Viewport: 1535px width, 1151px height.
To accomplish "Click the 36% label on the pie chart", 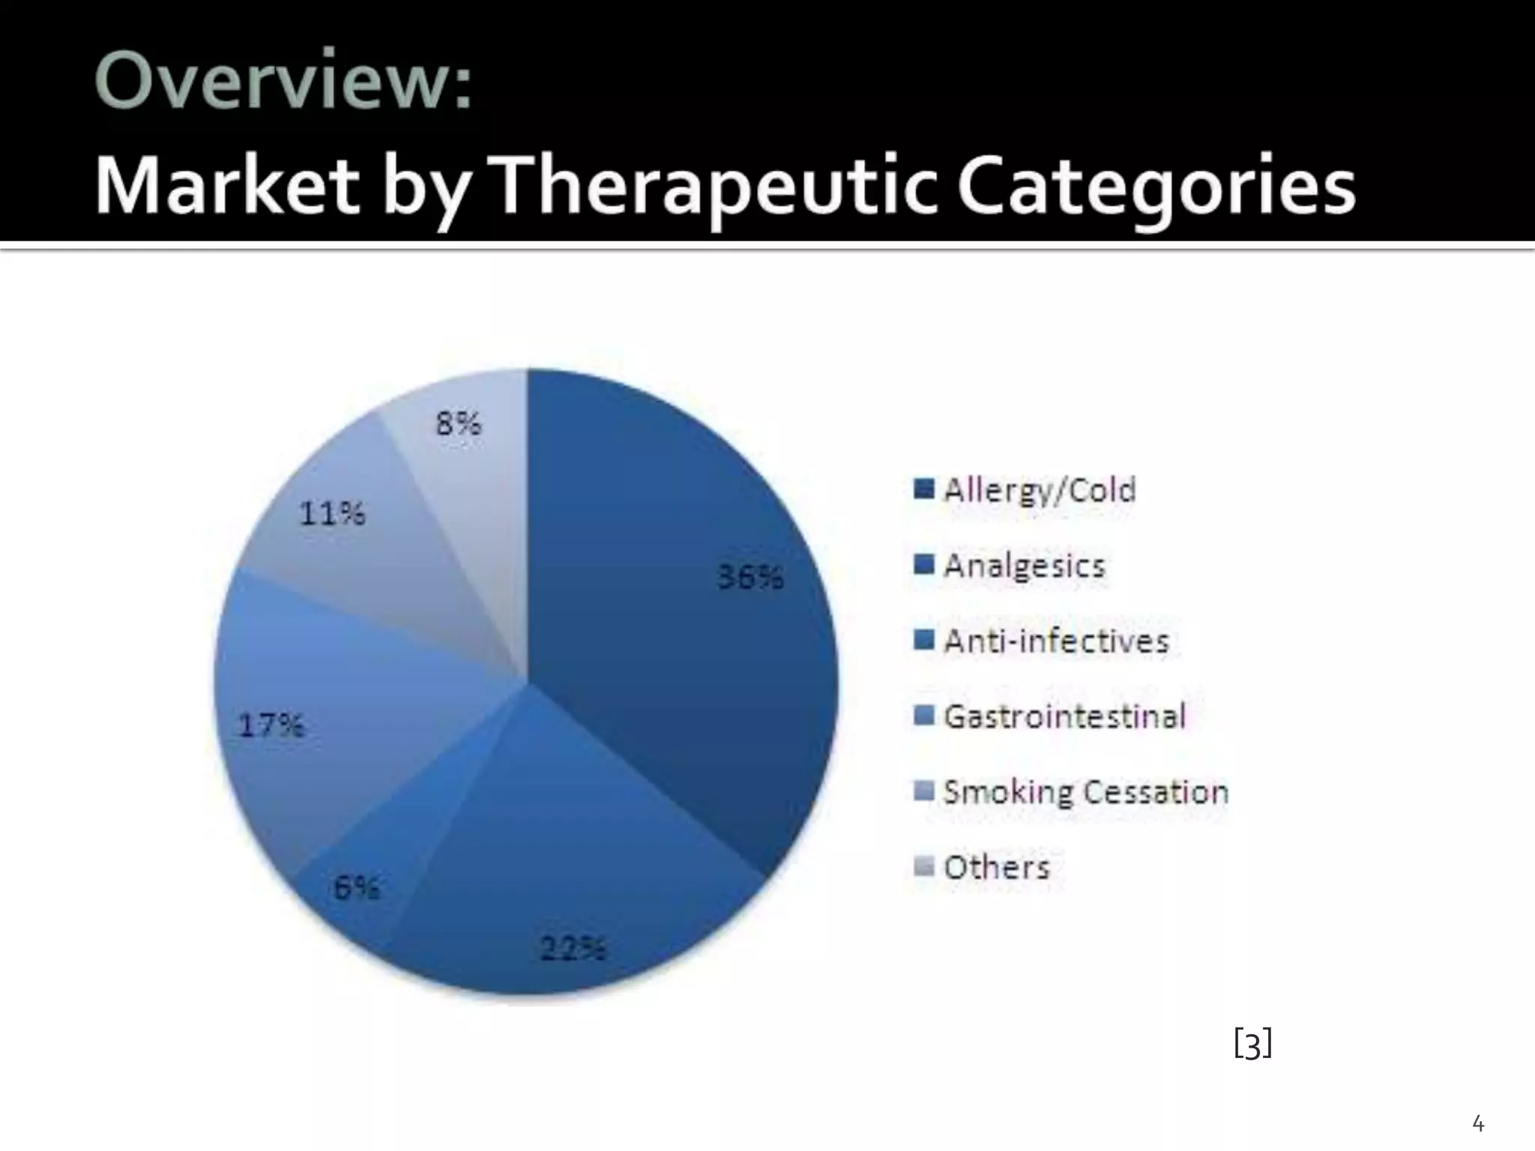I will tap(751, 578).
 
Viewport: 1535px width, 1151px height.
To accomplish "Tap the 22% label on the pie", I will tap(573, 949).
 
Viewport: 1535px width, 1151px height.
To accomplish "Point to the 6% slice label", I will tap(356, 888).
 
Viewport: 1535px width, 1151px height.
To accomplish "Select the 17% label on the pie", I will tap(271, 725).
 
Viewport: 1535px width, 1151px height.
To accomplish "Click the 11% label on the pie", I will tap(332, 514).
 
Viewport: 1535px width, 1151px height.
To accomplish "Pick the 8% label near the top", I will tap(458, 424).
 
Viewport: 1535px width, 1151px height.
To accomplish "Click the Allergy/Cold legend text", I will tap(1040, 490).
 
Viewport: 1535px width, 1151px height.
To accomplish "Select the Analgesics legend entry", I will tap(1024, 566).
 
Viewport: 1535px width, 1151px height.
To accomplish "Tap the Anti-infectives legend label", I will tap(1056, 641).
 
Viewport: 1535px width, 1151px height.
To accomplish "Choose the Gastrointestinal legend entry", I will tap(1064, 716).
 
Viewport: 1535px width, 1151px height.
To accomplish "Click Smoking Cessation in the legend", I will tap(1085, 792).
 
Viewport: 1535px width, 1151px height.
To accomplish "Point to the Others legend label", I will tap(996, 868).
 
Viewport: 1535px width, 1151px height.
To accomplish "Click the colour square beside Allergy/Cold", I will tap(924, 489).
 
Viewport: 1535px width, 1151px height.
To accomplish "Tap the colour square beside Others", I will tap(924, 867).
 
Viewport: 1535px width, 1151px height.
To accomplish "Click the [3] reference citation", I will tap(1252, 1043).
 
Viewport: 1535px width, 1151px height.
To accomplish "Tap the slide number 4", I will tap(1478, 1124).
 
